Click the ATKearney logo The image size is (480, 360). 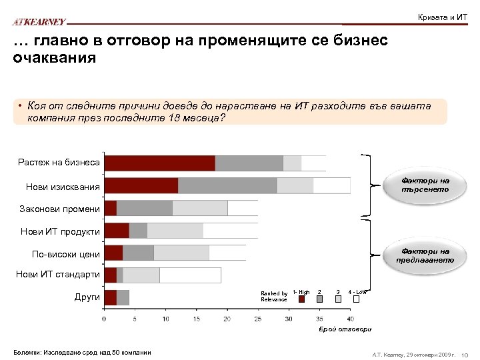[39, 22]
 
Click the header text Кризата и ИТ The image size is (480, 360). [442, 17]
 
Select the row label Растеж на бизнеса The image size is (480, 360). [59, 163]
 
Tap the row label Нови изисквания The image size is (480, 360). [63, 186]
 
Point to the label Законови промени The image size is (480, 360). [59, 209]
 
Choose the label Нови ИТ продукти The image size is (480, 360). [60, 231]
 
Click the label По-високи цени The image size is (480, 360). [66, 254]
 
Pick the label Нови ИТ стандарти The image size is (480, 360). [58, 274]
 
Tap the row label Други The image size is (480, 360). [87, 297]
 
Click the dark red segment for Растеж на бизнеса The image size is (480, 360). [159, 163]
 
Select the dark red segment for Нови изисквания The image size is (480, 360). [141, 185]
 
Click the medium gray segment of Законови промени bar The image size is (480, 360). [144, 208]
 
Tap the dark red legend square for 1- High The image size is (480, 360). [301, 299]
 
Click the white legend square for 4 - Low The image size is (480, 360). [357, 299]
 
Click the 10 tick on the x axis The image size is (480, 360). [165, 319]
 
